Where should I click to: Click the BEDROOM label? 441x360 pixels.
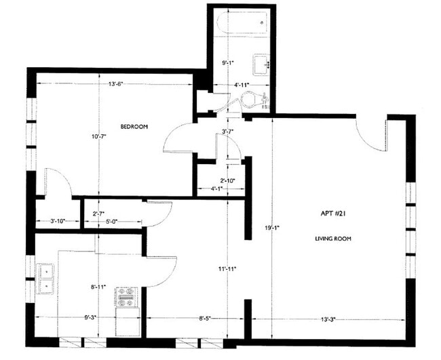click(x=134, y=127)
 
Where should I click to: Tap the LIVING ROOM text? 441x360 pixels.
click(x=333, y=239)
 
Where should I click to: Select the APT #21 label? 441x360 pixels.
click(x=333, y=214)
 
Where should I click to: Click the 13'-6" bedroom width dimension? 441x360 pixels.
click(x=116, y=84)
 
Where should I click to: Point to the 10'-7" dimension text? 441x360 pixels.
click(x=99, y=136)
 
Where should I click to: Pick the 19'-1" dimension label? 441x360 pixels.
click(x=272, y=228)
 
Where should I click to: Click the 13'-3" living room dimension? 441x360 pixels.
click(x=328, y=319)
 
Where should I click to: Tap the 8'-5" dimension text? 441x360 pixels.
click(x=205, y=319)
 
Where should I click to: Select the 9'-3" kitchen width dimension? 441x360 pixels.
click(x=90, y=317)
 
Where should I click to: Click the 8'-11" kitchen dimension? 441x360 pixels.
click(x=98, y=287)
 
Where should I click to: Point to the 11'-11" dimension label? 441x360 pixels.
click(x=227, y=268)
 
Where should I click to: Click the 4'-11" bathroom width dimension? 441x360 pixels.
click(x=242, y=85)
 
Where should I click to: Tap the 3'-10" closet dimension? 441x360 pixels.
click(x=58, y=221)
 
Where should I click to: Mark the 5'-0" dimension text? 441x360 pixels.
click(x=112, y=221)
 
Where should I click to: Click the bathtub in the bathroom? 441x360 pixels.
click(x=242, y=23)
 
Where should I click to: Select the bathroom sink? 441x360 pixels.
click(x=261, y=66)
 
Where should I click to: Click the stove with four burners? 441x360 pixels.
click(x=126, y=298)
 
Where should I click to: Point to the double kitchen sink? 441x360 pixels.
click(x=45, y=279)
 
